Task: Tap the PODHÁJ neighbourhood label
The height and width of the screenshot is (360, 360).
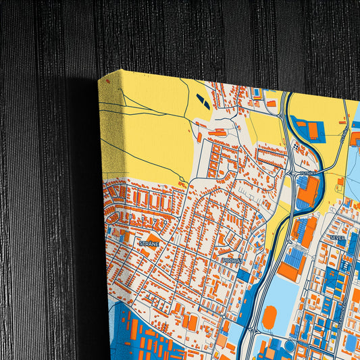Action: pyautogui.click(x=232, y=259)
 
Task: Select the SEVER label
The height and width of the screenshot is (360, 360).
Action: pyautogui.click(x=337, y=238)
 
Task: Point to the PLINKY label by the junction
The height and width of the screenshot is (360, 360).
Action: pyautogui.click(x=307, y=174)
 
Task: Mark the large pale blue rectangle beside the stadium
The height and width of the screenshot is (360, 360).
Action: pyautogui.click(x=287, y=297)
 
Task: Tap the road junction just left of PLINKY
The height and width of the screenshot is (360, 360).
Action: pyautogui.click(x=296, y=174)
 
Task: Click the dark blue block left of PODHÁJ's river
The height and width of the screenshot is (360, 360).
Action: pyautogui.click(x=250, y=297)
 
